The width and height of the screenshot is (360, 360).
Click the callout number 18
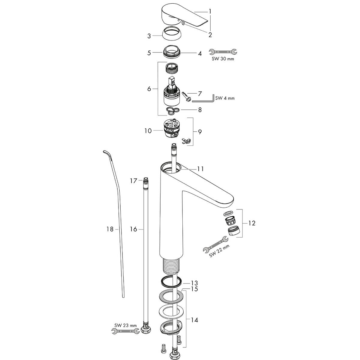(110, 229)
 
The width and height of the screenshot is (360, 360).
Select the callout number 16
(133, 229)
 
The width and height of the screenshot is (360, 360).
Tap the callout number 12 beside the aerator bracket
(252, 223)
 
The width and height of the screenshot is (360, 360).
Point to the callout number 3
(149, 36)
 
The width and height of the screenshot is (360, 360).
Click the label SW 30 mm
(223, 59)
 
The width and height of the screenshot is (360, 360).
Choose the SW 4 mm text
(225, 98)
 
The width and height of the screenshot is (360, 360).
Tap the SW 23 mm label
(125, 325)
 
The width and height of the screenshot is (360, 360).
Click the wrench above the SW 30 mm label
(223, 52)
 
